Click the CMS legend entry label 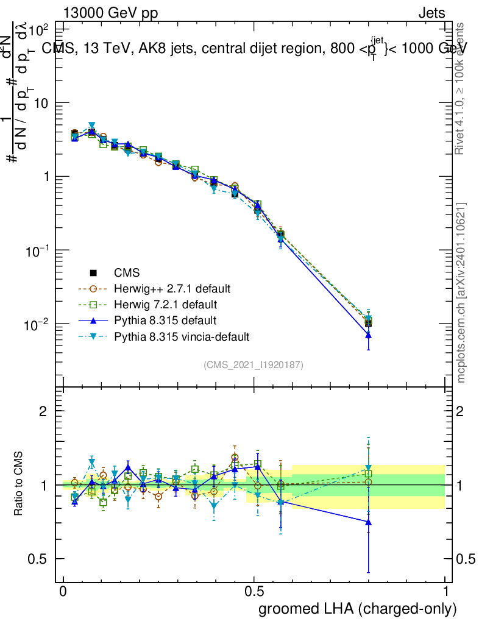coord(127,272)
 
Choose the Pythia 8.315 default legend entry coord(165,320)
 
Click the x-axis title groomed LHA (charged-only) coord(358,609)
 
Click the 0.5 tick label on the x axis coord(254,592)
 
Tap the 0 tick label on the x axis coord(63,592)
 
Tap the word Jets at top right coord(431,13)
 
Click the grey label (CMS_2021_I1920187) coord(254,364)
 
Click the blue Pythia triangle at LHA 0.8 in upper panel coord(368,335)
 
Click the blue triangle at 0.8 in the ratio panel coord(368,522)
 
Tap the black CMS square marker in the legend coord(94,272)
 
